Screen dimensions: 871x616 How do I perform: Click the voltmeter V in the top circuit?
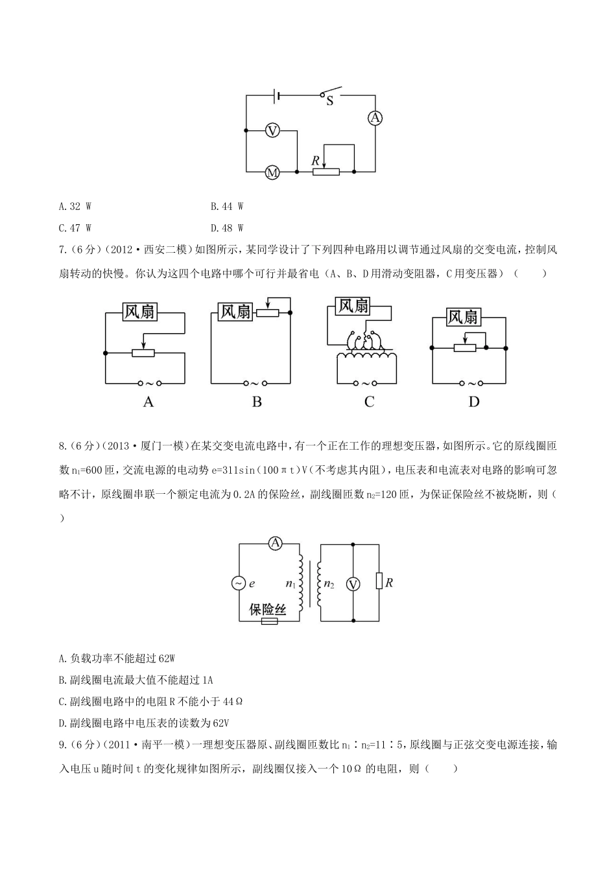coord(272,131)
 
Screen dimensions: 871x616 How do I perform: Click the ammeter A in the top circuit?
coord(375,117)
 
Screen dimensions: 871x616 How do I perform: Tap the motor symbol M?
coord(272,172)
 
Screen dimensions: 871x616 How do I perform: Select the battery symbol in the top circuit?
coord(277,96)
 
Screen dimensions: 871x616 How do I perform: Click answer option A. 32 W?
coord(75,207)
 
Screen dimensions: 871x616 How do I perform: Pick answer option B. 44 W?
coord(227,207)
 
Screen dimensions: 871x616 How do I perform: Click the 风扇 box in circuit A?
coord(140,312)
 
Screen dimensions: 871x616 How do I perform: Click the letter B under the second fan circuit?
coord(257,402)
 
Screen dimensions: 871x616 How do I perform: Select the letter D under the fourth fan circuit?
coord(474,402)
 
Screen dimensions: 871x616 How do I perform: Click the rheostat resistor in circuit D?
coord(465,348)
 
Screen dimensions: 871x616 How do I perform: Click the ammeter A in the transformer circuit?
coord(275,543)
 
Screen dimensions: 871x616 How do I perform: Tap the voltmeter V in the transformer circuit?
coord(353,585)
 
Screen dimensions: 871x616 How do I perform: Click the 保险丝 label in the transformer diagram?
coord(268,610)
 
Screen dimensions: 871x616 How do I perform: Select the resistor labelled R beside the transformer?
coord(379,581)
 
